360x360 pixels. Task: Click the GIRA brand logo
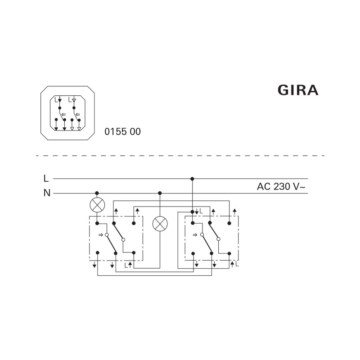[298, 90]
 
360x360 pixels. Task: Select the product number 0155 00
[122, 132]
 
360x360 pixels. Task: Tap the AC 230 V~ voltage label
[282, 186]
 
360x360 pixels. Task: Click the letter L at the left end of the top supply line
[46, 179]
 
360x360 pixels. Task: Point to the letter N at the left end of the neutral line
[46, 193]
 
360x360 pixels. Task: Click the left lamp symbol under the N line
[97, 205]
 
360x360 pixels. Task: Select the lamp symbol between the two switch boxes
[160, 224]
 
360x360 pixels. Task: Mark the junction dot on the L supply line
[192, 179]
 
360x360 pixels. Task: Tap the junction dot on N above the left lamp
[97, 193]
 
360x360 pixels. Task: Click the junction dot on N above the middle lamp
[160, 193]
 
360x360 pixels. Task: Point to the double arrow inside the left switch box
[100, 235]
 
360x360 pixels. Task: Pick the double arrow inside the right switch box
[194, 235]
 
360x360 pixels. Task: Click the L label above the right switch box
[201, 211]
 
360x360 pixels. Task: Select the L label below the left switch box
[126, 265]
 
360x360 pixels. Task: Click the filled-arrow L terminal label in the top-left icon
[57, 99]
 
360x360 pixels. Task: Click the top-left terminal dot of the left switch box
[97, 223]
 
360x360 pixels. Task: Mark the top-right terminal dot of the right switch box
[229, 223]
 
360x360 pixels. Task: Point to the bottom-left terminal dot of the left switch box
[97, 253]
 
